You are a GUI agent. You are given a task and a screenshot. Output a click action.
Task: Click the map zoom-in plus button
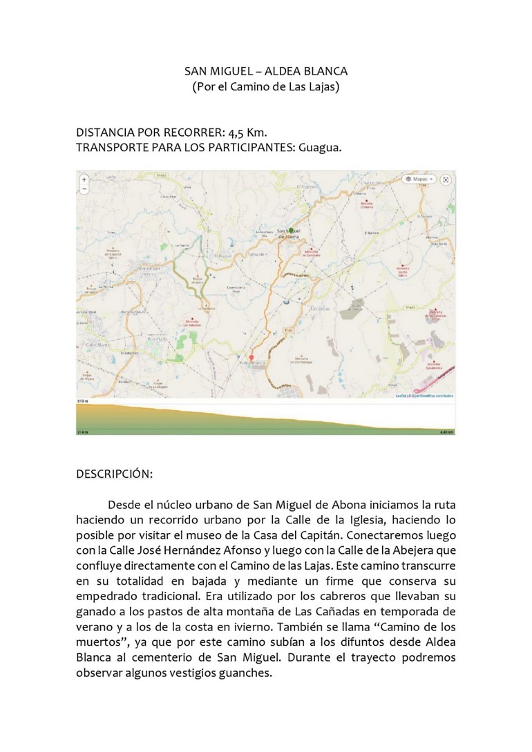[x=84, y=179]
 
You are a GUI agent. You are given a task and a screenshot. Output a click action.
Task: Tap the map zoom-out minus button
[x=84, y=188]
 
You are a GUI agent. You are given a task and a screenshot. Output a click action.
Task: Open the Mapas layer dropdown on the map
[x=419, y=179]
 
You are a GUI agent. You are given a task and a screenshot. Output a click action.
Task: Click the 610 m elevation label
[x=82, y=401]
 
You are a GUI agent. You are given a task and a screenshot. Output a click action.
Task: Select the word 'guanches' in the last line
[x=245, y=674]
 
